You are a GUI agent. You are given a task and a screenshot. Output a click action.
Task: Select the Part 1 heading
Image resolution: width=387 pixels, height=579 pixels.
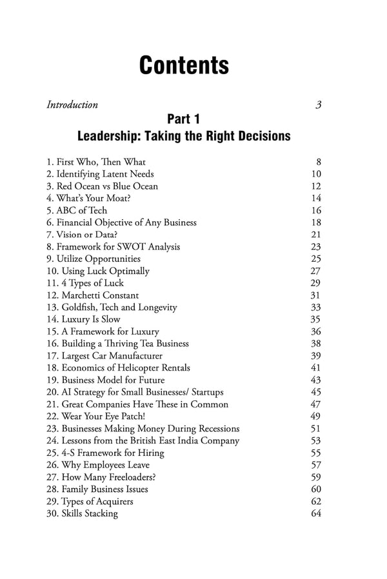(183, 119)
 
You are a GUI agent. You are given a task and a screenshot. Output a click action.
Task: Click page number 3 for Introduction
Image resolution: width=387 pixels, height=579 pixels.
(318, 104)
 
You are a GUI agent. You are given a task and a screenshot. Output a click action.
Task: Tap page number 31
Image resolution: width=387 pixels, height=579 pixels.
(315, 295)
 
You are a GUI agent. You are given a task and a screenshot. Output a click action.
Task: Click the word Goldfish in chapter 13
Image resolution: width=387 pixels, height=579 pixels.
(79, 307)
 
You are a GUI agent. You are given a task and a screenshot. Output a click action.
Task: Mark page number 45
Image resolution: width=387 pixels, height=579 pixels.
(315, 392)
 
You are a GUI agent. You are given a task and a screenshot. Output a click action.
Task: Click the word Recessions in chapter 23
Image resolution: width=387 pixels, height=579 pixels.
(215, 428)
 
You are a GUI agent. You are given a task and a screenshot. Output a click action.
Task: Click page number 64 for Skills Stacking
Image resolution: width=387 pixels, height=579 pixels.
(315, 513)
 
